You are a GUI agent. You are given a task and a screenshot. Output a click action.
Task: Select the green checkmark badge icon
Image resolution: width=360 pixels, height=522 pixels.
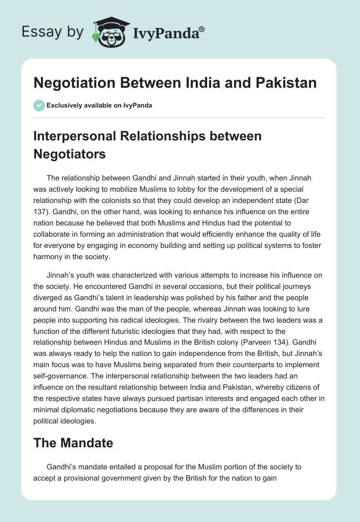(x=39, y=105)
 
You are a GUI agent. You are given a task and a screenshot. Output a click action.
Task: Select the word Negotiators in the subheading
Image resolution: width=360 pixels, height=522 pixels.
(x=69, y=154)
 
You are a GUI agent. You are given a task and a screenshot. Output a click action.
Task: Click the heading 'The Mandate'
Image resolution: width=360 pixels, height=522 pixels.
(x=73, y=443)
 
